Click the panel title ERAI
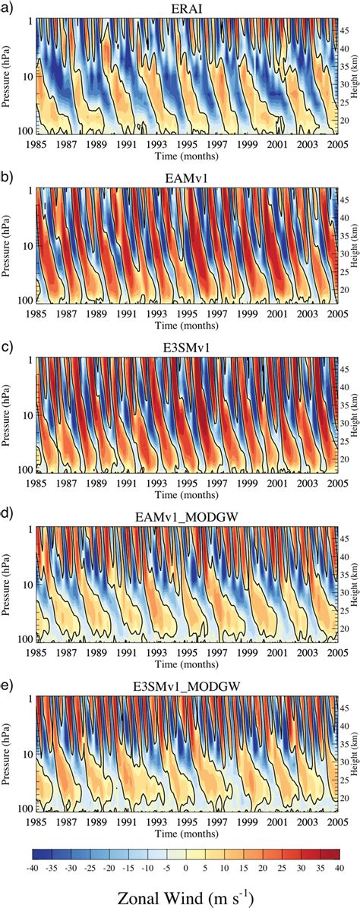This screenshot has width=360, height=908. [x=185, y=8]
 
